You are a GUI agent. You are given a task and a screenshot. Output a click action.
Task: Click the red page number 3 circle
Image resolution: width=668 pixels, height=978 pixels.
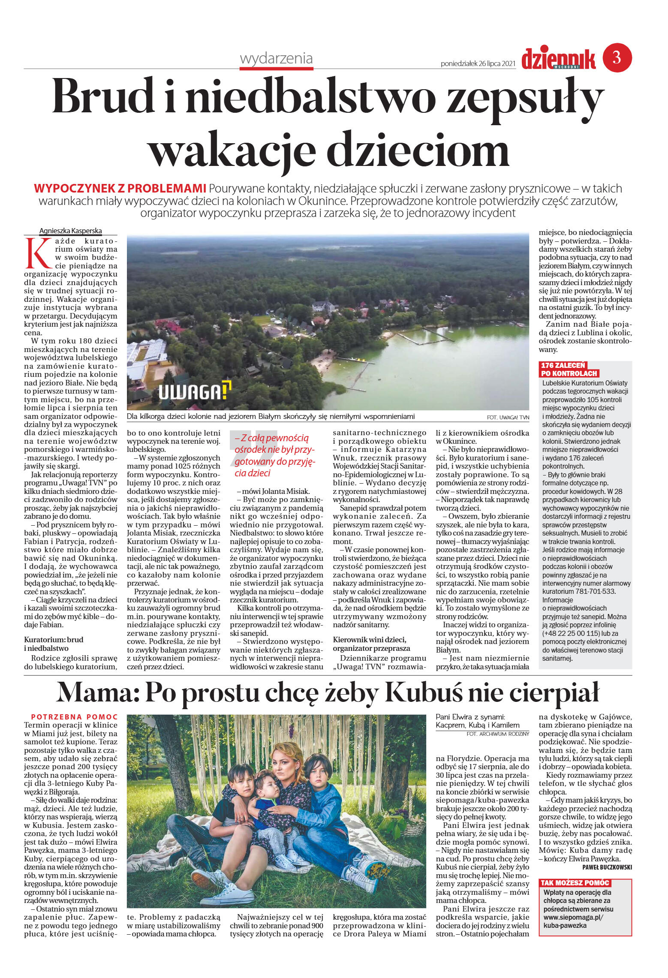617,57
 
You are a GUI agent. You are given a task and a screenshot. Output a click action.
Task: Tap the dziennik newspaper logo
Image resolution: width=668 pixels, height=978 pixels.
558,59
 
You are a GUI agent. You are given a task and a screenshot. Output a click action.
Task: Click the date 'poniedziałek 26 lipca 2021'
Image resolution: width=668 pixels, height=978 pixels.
478,64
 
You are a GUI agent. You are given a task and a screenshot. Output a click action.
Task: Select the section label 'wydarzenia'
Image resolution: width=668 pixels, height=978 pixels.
276,58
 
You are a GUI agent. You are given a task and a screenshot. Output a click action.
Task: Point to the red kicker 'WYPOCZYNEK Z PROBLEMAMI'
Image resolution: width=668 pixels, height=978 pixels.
120,189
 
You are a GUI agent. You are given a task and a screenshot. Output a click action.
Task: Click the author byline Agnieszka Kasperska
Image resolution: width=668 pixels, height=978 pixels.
71,231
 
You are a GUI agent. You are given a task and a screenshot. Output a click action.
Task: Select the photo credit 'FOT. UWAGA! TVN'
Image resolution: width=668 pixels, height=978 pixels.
508,417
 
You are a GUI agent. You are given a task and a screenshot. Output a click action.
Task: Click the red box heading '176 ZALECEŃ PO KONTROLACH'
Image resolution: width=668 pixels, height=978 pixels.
569,369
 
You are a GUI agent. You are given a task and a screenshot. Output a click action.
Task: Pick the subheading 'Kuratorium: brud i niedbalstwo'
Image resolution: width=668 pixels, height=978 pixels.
54,644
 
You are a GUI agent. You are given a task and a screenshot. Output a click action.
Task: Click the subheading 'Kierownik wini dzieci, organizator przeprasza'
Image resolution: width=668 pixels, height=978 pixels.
371,644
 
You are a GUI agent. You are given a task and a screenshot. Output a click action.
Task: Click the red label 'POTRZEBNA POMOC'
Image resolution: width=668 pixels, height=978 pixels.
74,717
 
